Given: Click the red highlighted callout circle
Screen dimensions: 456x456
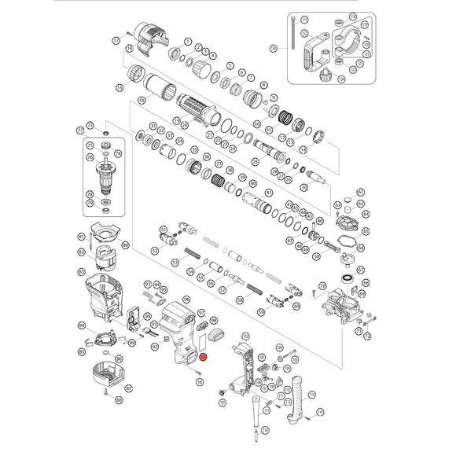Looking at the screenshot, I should click(x=204, y=355).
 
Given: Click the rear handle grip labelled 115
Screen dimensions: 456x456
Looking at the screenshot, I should click(x=298, y=397).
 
